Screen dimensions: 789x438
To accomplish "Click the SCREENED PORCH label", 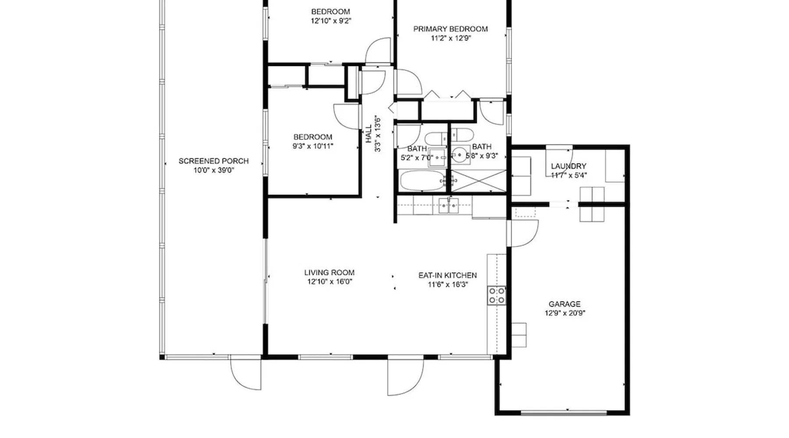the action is (213, 161).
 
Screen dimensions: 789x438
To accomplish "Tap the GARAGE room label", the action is (565, 304).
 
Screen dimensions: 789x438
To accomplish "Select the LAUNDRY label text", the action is (569, 166).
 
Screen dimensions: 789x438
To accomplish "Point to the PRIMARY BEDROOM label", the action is (451, 29).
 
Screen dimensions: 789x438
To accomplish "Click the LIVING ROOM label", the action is (329, 272).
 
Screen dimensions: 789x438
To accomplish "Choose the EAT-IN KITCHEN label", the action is (448, 276).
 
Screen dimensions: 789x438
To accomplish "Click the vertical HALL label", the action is (369, 134).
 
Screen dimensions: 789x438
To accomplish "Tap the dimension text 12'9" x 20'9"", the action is (565, 313).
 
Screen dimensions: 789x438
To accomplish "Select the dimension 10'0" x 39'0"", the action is (213, 170).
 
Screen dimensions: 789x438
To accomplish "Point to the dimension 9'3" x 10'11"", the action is (313, 146).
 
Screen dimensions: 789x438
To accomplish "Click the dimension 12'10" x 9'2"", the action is (331, 21).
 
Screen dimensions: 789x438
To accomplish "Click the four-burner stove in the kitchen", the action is (497, 296).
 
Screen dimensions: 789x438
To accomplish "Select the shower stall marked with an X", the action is (479, 181).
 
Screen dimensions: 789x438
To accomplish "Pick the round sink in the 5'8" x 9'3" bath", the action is (459, 155).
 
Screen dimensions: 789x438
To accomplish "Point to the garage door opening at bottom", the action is (565, 413).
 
